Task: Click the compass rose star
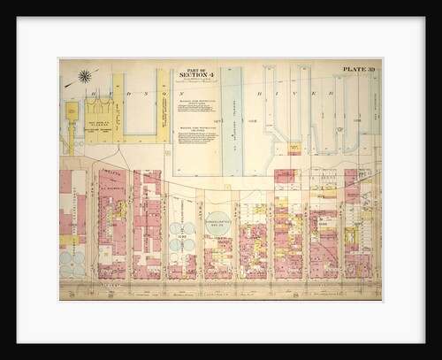tap(85, 76)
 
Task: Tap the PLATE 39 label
tap(359, 68)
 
